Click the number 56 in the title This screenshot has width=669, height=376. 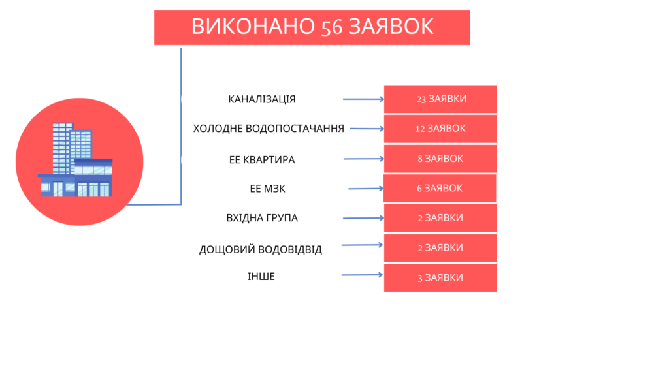point(331,27)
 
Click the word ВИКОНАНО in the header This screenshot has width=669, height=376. point(253,26)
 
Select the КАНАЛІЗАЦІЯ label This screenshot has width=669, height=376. point(262,99)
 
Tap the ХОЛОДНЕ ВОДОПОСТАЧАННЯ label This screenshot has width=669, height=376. point(269,129)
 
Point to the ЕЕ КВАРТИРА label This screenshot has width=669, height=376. point(262,159)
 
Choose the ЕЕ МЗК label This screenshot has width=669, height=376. point(267,189)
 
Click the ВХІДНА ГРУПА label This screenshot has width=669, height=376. point(262,218)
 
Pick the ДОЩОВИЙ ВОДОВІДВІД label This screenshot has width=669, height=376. point(260,249)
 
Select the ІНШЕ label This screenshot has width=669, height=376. point(261,276)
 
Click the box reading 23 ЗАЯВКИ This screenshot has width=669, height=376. point(440,99)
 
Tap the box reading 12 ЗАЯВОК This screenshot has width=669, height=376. point(440,129)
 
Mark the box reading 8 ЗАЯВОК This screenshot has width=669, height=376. point(440,159)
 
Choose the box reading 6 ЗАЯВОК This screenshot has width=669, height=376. point(440,188)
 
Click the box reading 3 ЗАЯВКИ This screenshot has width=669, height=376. point(440,278)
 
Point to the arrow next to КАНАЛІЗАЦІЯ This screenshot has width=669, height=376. point(363,99)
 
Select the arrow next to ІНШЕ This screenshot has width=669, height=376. point(362,275)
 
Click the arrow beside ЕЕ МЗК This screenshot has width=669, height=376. point(366,189)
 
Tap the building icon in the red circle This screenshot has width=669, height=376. point(75,159)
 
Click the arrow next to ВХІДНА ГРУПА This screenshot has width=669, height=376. point(363,218)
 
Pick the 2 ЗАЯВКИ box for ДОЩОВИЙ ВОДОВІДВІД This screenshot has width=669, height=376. point(440,248)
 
